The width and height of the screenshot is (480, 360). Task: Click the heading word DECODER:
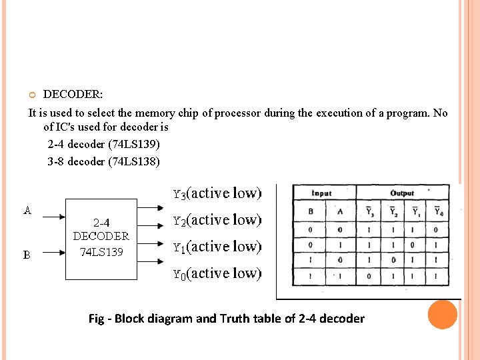pos(73,95)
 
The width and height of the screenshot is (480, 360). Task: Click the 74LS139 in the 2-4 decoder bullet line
pos(136,144)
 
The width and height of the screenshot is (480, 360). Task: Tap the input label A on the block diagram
pos(27,211)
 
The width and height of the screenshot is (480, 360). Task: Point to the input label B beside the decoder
pos(27,255)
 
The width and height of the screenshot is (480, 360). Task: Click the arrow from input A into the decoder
pos(51,216)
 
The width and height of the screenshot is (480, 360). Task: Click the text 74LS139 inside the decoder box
pos(101,252)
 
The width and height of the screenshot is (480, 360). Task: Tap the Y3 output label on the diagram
pos(179,195)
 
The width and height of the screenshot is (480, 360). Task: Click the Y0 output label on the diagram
pos(179,274)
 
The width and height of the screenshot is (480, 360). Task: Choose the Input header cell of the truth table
pos(322,193)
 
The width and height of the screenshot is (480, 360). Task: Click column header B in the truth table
pos(311,212)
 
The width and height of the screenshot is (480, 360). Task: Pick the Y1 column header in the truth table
pos(415,212)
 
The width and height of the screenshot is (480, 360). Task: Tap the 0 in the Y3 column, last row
pos(369,275)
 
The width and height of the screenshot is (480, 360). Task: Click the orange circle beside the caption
pos(442,315)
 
